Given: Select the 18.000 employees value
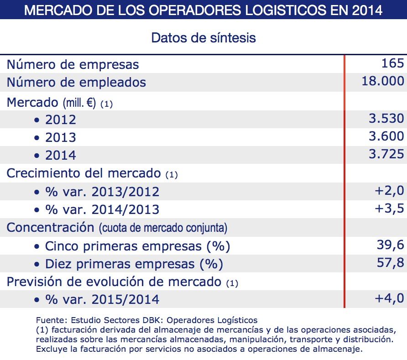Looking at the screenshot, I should [x=382, y=81].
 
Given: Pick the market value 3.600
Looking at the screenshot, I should [x=386, y=136].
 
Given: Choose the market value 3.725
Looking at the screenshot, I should [x=386, y=154].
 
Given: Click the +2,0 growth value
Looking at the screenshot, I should [x=389, y=191].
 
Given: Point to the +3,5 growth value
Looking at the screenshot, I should [x=389, y=209].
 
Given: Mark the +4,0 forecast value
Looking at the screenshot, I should [x=389, y=298].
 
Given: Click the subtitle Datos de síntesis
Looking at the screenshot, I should [x=203, y=37].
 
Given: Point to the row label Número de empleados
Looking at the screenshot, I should [x=76, y=82].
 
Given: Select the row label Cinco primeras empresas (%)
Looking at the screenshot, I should [x=137, y=246].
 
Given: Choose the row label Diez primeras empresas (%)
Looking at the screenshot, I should [x=134, y=264].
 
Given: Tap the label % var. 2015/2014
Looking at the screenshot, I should [x=102, y=300].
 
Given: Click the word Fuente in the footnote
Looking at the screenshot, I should [x=47, y=320].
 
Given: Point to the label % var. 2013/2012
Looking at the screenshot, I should [x=102, y=192].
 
